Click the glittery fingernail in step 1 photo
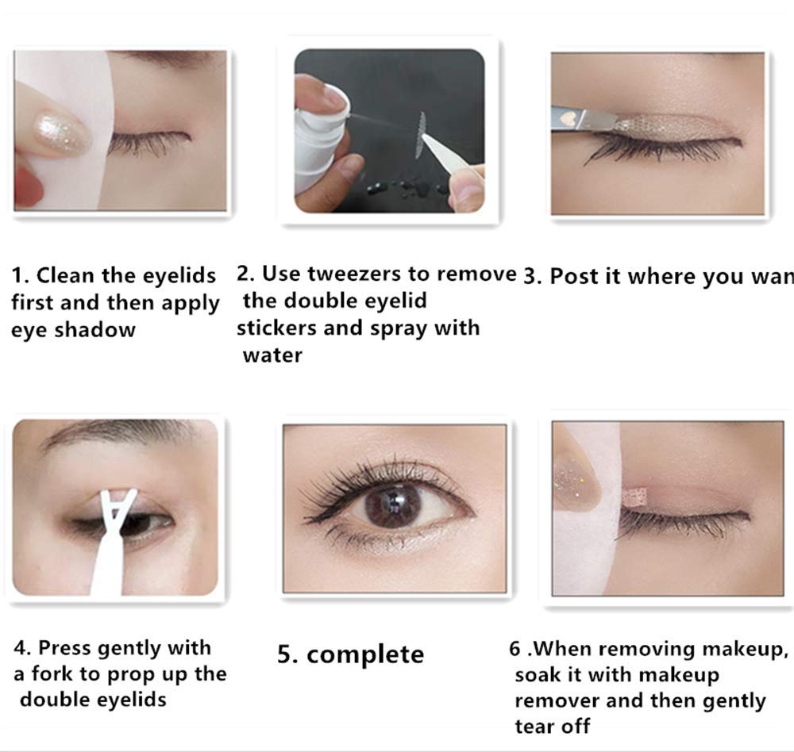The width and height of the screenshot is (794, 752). [x=61, y=132]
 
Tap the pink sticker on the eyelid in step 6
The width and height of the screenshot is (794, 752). [x=635, y=498]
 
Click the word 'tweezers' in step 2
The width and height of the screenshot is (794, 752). [x=356, y=274]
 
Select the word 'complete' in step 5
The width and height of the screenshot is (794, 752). [x=365, y=655]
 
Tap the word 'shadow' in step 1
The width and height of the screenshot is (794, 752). [x=95, y=330]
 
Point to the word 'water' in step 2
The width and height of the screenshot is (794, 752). [x=272, y=355]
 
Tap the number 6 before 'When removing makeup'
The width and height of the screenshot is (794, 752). [x=515, y=649]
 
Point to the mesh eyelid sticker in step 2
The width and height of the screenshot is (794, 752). [x=421, y=134]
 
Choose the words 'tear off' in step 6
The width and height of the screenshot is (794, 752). [x=553, y=726]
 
